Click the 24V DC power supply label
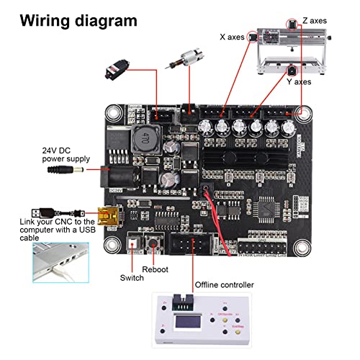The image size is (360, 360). tap(66, 154)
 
